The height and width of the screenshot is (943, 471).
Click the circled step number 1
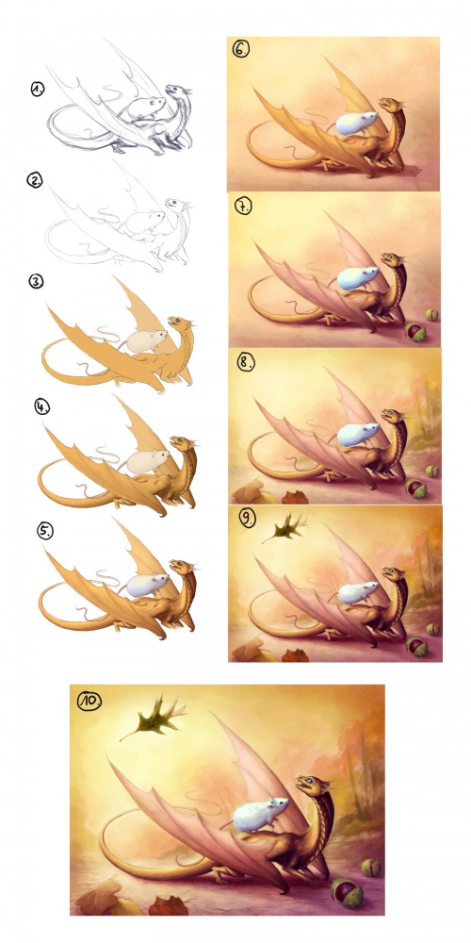[39, 90]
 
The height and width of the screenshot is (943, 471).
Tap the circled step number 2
[34, 180]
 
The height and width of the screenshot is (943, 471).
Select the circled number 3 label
[36, 281]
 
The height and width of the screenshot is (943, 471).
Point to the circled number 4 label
[42, 406]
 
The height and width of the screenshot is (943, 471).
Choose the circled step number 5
[45, 531]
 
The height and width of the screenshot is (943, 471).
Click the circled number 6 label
[241, 49]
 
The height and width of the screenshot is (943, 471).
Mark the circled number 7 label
[243, 207]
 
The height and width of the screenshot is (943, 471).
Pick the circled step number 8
[245, 363]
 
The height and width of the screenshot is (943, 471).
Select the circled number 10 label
[89, 700]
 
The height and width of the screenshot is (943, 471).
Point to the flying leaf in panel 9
[284, 527]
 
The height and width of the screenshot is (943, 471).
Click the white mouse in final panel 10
[255, 814]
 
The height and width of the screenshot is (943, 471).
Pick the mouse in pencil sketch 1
[143, 108]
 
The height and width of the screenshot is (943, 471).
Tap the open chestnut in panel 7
[414, 331]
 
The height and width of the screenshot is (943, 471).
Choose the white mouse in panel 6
[356, 124]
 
